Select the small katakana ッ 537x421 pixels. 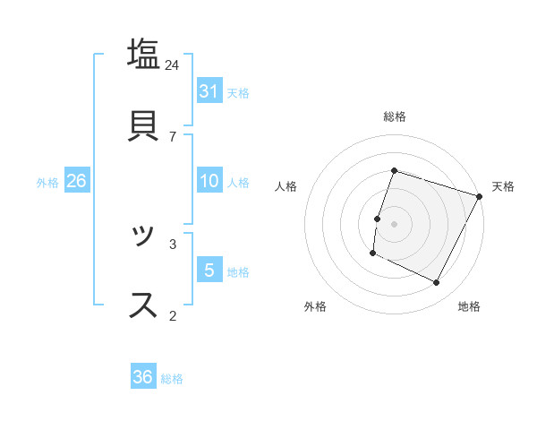point(143,236)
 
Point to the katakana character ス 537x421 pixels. point(143,305)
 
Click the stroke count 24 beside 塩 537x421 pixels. point(173,64)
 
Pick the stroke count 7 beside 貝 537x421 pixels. point(173,136)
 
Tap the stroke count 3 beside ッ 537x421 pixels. point(173,243)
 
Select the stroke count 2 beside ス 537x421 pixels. point(173,314)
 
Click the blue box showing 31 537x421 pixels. point(209,91)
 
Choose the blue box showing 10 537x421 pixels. point(209,181)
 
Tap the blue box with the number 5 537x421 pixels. point(209,270)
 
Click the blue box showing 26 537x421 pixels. point(77,181)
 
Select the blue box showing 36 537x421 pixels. point(143,377)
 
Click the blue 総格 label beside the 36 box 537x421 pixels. point(172,379)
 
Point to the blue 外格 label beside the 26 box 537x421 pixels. point(47,183)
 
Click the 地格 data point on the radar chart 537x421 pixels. point(437,283)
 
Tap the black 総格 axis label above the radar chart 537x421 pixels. point(395,116)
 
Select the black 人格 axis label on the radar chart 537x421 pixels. point(286,186)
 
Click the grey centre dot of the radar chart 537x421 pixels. point(395,224)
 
